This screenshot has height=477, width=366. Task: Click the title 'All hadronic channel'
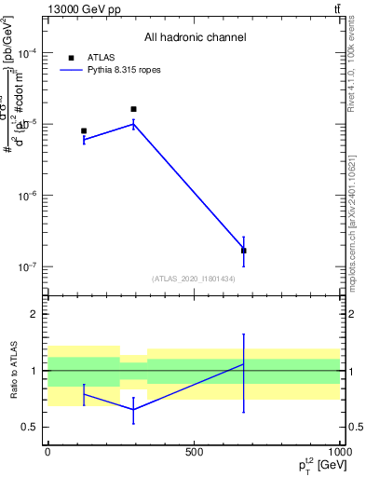pyautogui.click(x=195, y=38)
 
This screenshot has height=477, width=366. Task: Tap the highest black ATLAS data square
pyautogui.click(x=133, y=109)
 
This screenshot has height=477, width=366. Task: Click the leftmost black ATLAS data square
pyautogui.click(x=84, y=131)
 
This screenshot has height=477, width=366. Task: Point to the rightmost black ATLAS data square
pyautogui.click(x=243, y=251)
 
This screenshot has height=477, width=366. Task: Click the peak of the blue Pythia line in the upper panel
pyautogui.click(x=133, y=123)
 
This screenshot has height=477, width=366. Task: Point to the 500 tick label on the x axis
pyautogui.click(x=194, y=451)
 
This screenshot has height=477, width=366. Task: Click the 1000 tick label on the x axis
pyautogui.click(x=338, y=451)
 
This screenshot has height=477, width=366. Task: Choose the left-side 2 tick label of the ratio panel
pyautogui.click(x=34, y=314)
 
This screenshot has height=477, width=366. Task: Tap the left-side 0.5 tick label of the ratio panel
pyautogui.click(x=31, y=427)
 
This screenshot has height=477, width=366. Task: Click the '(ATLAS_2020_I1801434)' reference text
pyautogui.click(x=195, y=279)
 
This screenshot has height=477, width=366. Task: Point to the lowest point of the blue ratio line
pyautogui.click(x=133, y=410)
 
